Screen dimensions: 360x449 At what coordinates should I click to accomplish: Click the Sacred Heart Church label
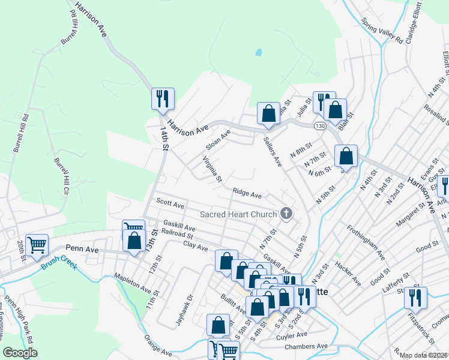click(x=238, y=214)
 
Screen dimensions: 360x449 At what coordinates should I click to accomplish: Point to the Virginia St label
click(x=212, y=170)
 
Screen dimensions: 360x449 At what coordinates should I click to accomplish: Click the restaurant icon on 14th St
click(x=163, y=98)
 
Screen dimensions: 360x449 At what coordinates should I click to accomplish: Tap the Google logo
click(x=20, y=353)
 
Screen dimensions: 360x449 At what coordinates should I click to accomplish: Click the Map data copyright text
click(x=424, y=355)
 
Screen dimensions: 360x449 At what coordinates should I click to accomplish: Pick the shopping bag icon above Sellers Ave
click(x=268, y=113)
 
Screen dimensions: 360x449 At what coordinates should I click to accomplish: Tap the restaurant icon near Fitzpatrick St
click(x=415, y=298)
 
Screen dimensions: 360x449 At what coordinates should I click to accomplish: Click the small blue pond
click(x=259, y=52)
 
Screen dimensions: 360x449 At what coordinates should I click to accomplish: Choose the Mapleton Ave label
click(x=133, y=281)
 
